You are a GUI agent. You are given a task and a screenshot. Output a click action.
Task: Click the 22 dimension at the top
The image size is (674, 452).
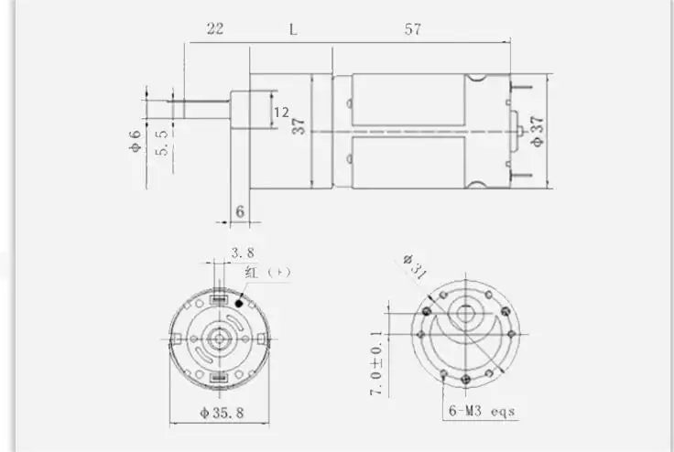(215, 28)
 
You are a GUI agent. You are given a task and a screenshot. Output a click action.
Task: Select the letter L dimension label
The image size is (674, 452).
(293, 28)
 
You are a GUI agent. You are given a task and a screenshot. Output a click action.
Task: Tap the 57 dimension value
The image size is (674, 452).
(412, 28)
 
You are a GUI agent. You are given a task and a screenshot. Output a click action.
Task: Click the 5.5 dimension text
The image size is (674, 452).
(162, 142)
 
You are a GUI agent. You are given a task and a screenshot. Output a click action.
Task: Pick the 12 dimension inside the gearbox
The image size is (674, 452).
(281, 112)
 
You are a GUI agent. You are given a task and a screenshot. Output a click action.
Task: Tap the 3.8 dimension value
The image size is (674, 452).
(243, 253)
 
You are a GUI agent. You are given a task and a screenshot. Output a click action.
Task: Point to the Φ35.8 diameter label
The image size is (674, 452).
(222, 413)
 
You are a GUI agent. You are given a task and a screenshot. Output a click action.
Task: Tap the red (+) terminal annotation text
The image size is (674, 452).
(267, 274)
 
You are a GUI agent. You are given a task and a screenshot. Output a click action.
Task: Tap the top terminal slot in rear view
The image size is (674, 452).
(220, 299)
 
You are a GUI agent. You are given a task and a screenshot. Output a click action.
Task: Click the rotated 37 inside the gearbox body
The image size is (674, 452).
(299, 125)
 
